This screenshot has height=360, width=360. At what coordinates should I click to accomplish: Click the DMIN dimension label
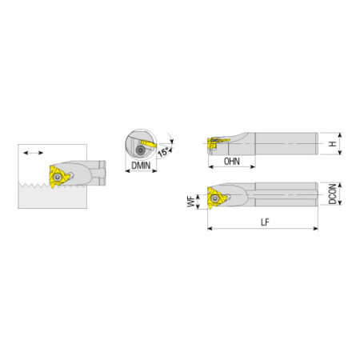[141, 166]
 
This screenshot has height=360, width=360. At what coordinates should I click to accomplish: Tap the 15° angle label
[163, 152]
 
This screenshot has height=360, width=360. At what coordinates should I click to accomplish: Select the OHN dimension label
[232, 162]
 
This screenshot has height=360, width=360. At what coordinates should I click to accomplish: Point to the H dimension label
[332, 144]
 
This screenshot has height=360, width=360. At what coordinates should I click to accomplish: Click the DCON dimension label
[332, 194]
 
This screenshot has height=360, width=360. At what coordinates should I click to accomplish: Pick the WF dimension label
[190, 202]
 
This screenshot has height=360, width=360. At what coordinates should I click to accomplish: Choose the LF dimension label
[265, 222]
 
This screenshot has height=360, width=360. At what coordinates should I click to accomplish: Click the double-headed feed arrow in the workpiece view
[33, 153]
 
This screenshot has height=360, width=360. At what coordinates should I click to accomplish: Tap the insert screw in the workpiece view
[57, 177]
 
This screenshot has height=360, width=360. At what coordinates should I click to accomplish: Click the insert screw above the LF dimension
[214, 198]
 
